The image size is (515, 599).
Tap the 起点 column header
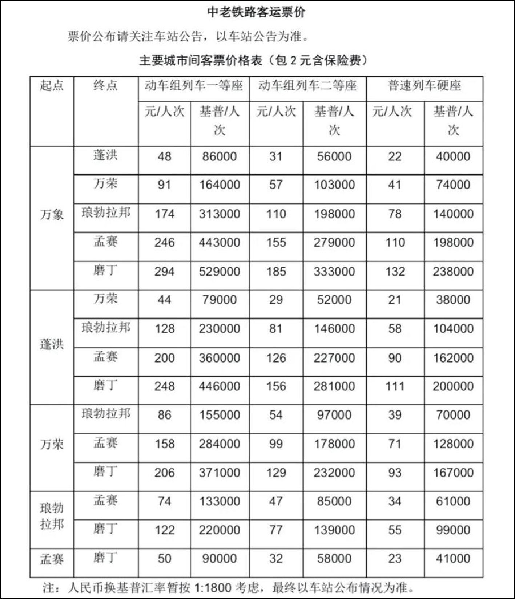pyautogui.click(x=52, y=86)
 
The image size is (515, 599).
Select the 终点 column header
pyautogui.click(x=105, y=86)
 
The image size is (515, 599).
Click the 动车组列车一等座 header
pyautogui.click(x=194, y=86)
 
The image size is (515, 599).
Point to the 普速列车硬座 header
pyautogui.click(x=424, y=86)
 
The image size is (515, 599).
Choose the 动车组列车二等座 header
pyautogui.click(x=307, y=86)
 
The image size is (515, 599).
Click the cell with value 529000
pyautogui.click(x=220, y=272)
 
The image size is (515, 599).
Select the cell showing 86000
pyautogui.click(x=220, y=157)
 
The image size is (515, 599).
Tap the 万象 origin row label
pyautogui.click(x=52, y=215)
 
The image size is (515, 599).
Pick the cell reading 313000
pyautogui.click(x=220, y=214)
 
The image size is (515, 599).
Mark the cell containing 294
pyautogui.click(x=164, y=272)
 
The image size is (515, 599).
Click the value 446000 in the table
pyautogui.click(x=220, y=386)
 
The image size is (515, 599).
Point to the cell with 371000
pyautogui.click(x=220, y=473)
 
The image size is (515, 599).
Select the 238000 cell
pyautogui.click(x=453, y=272)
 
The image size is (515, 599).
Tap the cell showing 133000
pyautogui.click(x=220, y=501)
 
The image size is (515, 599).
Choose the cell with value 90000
pyautogui.click(x=220, y=559)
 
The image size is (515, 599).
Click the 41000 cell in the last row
pyautogui.click(x=453, y=559)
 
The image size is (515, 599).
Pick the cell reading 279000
pyautogui.click(x=334, y=243)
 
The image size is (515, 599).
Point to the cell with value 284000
pyautogui.click(x=220, y=444)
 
